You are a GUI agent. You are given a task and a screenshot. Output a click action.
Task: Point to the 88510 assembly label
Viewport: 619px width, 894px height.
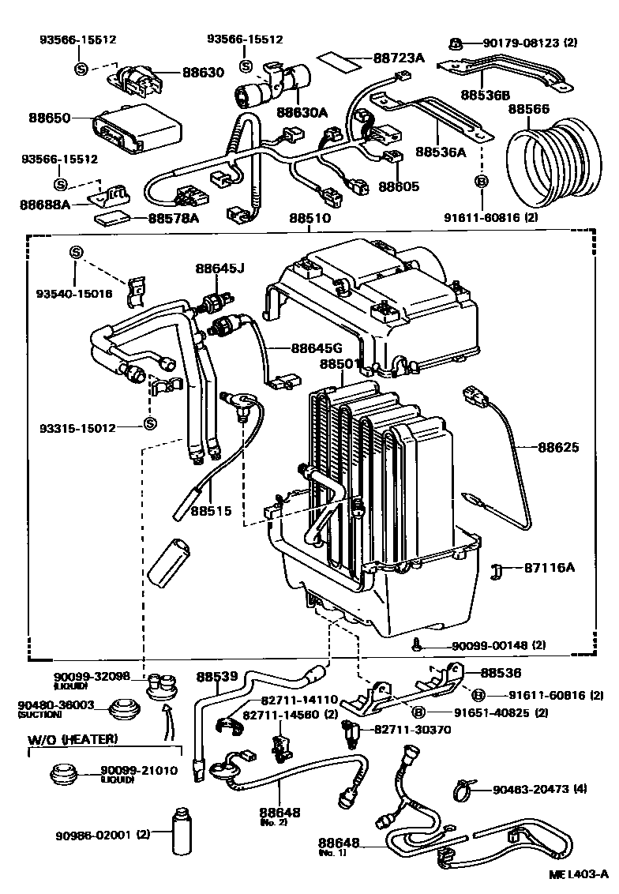click(309, 218)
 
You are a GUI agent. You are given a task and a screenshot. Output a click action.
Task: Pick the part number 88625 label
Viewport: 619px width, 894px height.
click(560, 447)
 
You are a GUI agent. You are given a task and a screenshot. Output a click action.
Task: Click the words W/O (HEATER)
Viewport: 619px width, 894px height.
click(73, 738)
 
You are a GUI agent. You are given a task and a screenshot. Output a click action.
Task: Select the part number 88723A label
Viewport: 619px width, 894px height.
click(399, 58)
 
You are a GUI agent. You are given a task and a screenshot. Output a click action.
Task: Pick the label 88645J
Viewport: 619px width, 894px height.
click(220, 269)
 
